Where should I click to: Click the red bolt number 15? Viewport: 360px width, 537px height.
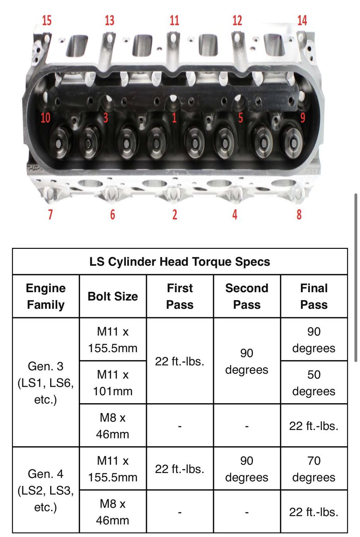point(47,21)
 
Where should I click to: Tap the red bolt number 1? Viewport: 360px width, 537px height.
point(175,118)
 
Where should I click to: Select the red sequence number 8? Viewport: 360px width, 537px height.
point(299,214)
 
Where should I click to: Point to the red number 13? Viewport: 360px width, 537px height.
point(110,21)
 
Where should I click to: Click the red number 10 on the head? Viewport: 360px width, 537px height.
point(45,118)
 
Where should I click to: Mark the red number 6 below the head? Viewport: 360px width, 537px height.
point(112,214)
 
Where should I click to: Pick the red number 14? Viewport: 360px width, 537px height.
point(302,21)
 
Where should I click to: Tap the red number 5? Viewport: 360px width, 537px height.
point(240,118)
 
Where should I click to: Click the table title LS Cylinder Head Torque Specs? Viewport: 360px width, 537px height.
point(180,261)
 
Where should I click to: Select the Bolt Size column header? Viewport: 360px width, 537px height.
point(113,296)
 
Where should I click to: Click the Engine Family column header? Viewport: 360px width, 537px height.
point(46,296)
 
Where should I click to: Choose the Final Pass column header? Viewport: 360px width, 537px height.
point(314,296)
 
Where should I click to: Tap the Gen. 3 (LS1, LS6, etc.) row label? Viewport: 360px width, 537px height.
point(46,383)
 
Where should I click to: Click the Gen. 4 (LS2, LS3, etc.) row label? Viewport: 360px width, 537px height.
point(46,490)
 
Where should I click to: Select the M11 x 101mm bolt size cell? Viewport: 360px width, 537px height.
point(113,383)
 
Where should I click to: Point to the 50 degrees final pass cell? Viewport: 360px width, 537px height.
point(314,383)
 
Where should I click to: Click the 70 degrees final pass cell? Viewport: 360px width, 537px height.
point(314,469)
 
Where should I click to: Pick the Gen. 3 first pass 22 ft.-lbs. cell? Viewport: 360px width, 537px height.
point(180,361)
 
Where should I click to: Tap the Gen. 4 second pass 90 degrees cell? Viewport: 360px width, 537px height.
point(247,469)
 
